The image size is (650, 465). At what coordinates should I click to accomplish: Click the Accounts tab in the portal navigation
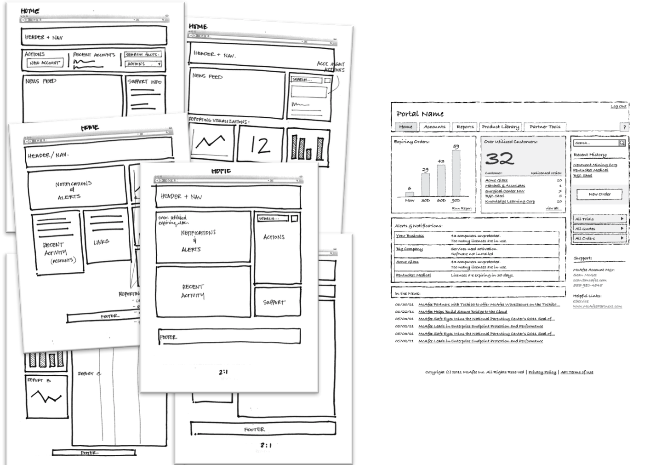pos(434,127)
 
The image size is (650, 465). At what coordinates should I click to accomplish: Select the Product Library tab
pos(500,127)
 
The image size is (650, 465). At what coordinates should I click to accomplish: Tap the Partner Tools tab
pos(545,127)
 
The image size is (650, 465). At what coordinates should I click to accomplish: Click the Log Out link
pos(618,106)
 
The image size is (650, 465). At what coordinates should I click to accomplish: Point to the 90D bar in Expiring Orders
pos(456,174)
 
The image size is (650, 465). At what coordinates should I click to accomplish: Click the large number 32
pos(499,159)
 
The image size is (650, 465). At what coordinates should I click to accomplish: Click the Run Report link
pos(462,208)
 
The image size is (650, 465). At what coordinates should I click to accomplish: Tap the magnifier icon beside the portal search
pos(621,143)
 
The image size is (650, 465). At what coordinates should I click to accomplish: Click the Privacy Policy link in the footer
pos(542,372)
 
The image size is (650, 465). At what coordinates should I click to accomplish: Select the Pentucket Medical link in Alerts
pos(413,275)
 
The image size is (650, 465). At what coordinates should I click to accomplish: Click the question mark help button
pos(624,127)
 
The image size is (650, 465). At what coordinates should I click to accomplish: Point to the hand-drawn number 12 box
pos(260,145)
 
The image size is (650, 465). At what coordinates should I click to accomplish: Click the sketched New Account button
pos(45,63)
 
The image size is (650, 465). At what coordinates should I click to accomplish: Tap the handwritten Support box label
pos(274,302)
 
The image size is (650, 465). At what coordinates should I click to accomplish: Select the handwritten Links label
pos(101,242)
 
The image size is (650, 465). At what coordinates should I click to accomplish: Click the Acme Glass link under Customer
pos(496,180)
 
